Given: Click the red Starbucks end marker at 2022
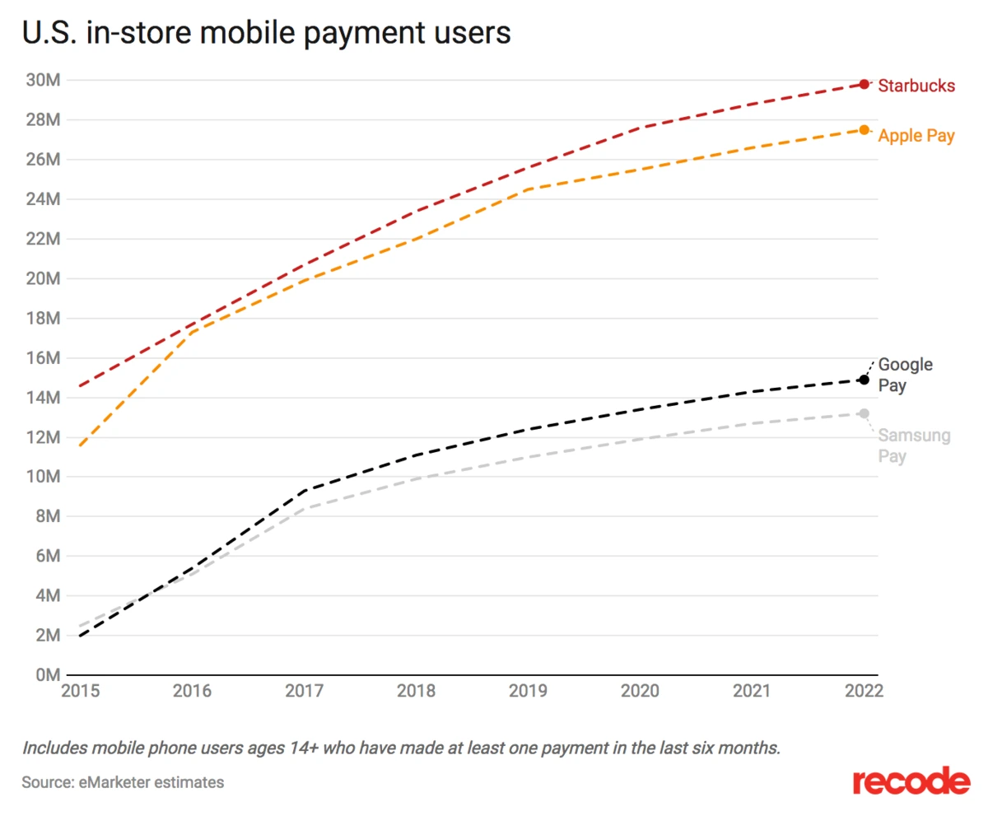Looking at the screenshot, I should point(864,84).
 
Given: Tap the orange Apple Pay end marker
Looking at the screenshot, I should point(864,129).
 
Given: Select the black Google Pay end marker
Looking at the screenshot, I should point(864,380).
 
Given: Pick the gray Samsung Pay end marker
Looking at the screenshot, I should point(864,413).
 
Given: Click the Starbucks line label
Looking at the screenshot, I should point(916,85).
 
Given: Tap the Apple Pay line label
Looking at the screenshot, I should point(916,136).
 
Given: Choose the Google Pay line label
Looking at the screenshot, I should point(905,375).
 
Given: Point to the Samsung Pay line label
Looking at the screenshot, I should point(914,445).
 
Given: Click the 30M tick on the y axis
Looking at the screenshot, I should point(42,80).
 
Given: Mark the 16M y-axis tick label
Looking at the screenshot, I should point(42,358).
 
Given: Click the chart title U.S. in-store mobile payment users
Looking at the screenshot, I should point(266,33).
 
